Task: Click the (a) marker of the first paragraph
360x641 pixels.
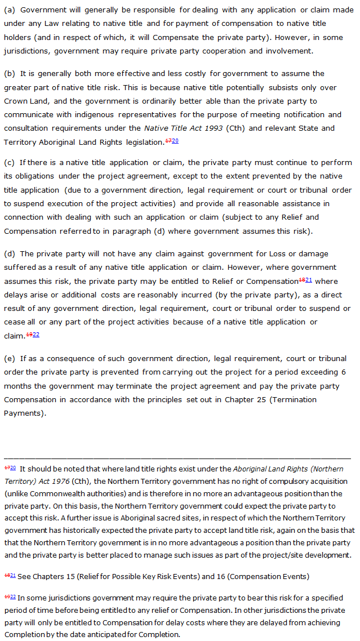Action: tap(10, 10)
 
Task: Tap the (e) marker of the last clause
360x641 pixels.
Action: tap(10, 358)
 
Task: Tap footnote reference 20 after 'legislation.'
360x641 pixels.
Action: tap(175, 141)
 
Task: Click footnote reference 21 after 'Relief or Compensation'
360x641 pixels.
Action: tap(308, 280)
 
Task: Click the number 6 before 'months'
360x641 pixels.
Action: tap(344, 372)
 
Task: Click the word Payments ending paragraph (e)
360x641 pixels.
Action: tap(22, 413)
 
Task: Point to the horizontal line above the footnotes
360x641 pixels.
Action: tap(177, 459)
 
